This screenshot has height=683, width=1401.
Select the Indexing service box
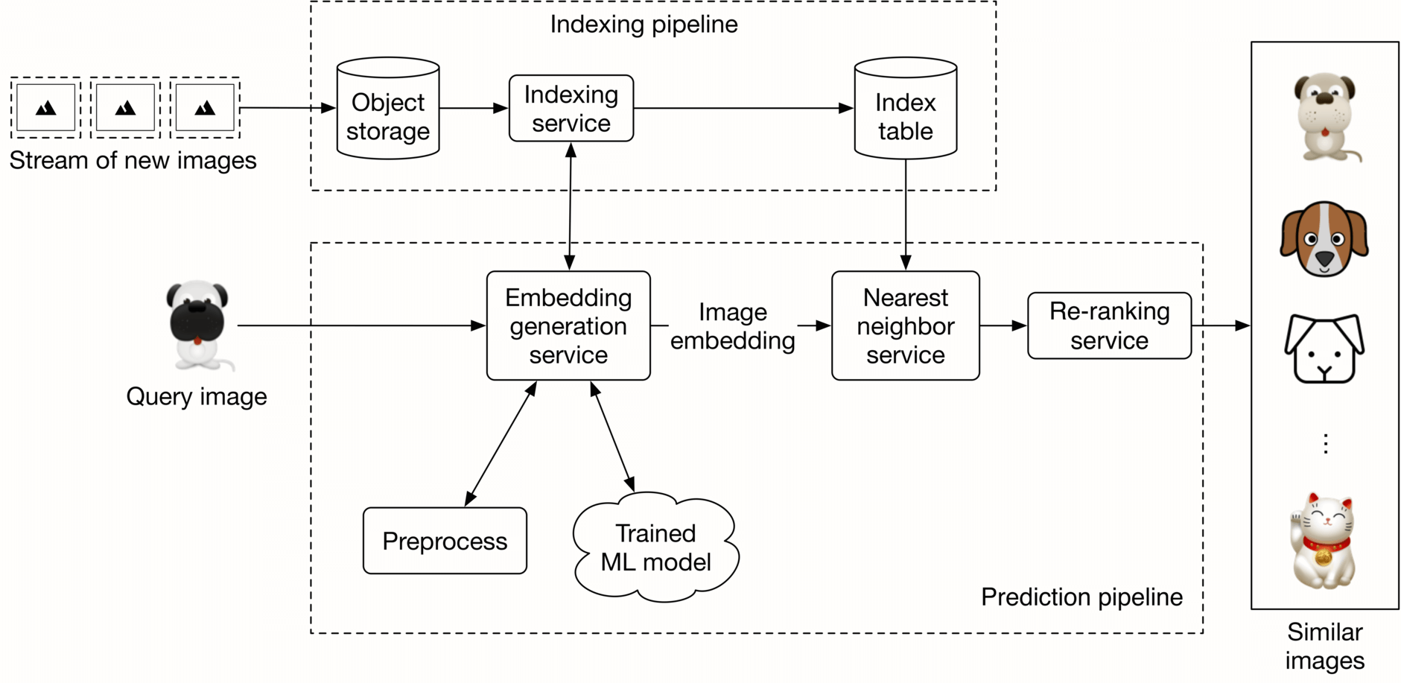click(x=571, y=109)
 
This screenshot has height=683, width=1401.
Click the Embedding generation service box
click(x=568, y=325)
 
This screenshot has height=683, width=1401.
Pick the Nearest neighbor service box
click(x=905, y=325)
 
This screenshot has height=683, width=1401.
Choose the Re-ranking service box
click(x=1109, y=325)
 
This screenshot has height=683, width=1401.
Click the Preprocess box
click(x=445, y=541)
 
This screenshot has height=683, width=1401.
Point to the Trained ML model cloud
click(x=655, y=547)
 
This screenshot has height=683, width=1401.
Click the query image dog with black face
click(x=197, y=325)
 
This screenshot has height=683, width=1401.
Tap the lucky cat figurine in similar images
click(x=1324, y=540)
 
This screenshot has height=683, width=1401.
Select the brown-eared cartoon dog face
click(x=1324, y=239)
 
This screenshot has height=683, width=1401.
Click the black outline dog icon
click(x=1324, y=349)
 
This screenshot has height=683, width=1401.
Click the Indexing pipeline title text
click(x=644, y=25)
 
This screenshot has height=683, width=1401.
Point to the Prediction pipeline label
click(x=1081, y=597)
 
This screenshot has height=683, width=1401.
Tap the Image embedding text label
click(x=732, y=326)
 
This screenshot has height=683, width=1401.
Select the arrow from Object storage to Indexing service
click(x=474, y=109)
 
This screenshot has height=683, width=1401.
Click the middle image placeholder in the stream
click(x=125, y=108)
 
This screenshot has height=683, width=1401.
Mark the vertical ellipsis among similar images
click(x=1325, y=444)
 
